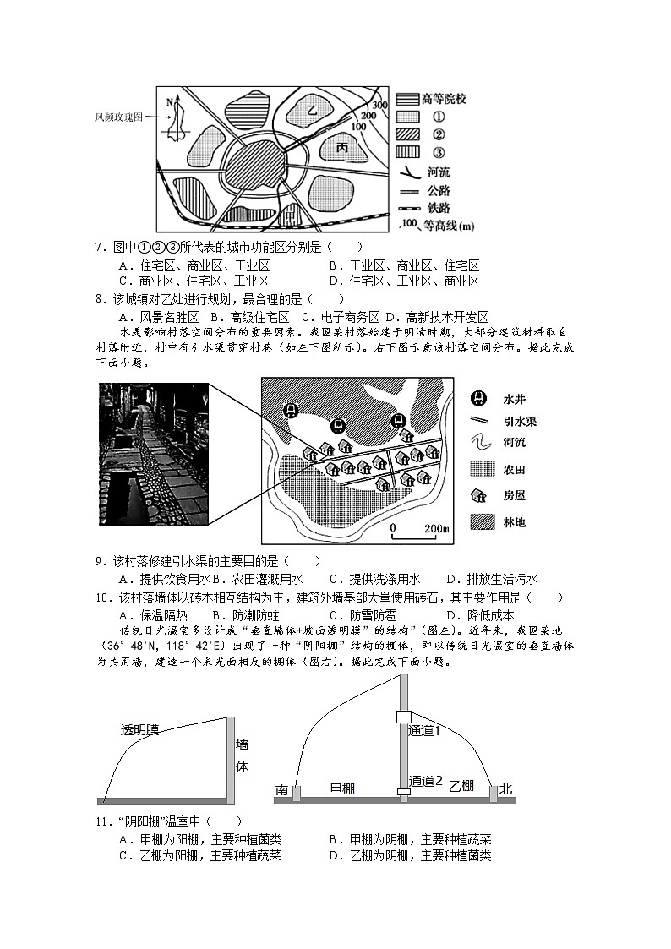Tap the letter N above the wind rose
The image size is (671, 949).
tap(169, 101)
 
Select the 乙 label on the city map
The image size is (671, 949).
tap(311, 110)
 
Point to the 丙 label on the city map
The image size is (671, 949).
tap(342, 148)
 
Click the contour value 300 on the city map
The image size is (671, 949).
tap(379, 105)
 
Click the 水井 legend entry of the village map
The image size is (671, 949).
tap(514, 399)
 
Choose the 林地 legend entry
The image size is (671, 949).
tap(514, 522)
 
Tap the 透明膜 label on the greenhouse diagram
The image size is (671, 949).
tap(139, 728)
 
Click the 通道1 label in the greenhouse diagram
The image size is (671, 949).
tap(425, 730)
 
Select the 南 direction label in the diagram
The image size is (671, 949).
tap(281, 789)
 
